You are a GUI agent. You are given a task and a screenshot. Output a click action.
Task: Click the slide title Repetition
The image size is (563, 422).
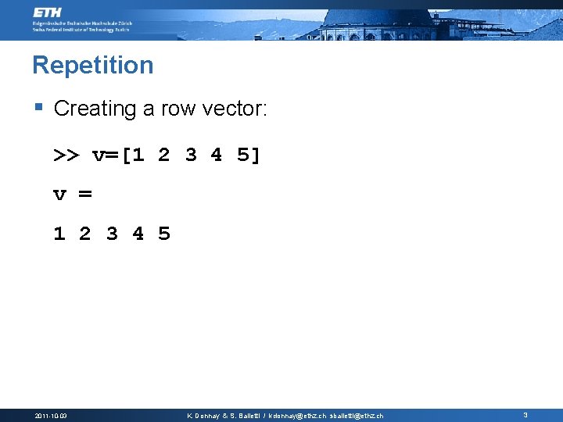93,65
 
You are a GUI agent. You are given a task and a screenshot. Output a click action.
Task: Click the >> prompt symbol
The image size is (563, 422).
66,156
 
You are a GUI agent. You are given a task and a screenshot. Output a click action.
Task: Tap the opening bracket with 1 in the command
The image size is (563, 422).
132,156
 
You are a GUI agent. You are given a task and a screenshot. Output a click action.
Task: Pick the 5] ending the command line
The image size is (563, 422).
249,156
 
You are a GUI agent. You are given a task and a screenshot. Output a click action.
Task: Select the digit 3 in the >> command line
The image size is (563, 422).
191,156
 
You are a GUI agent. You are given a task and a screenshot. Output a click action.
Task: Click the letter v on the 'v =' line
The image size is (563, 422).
59,195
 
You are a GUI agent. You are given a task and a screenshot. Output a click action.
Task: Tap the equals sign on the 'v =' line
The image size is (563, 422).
85,195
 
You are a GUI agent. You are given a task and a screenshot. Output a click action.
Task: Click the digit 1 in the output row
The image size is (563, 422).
59,234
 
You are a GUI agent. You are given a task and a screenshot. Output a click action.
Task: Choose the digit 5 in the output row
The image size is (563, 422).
164,234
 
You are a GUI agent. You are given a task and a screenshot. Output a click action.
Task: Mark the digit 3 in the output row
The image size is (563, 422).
112,234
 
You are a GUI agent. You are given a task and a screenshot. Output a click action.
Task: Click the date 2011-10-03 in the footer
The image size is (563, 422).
51,416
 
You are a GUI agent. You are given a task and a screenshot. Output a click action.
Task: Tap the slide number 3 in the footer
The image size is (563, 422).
525,415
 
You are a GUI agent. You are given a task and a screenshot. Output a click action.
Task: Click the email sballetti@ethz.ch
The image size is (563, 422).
357,416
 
